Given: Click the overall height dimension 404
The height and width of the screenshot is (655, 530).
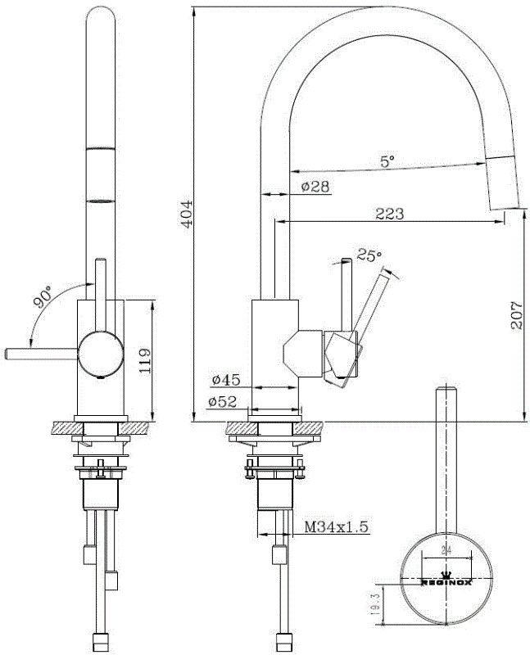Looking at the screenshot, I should (187, 215).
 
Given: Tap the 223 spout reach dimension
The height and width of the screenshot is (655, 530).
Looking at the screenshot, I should (389, 214).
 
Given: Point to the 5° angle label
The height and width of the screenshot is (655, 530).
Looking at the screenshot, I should (387, 161).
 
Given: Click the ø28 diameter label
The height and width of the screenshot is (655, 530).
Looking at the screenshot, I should (315, 187).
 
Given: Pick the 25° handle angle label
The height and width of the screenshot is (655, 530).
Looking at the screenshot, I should (369, 255).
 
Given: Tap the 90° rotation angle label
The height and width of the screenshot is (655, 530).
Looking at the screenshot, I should (43, 300).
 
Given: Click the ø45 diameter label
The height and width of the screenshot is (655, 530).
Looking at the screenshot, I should (224, 380).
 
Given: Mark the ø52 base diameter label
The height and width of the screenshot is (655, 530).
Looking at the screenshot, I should (224, 401).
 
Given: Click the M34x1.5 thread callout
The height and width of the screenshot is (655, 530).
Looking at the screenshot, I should (334, 528).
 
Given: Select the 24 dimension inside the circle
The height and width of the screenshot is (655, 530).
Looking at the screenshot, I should (446, 550).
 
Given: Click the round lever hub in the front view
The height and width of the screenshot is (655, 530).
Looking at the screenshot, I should (97, 354).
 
